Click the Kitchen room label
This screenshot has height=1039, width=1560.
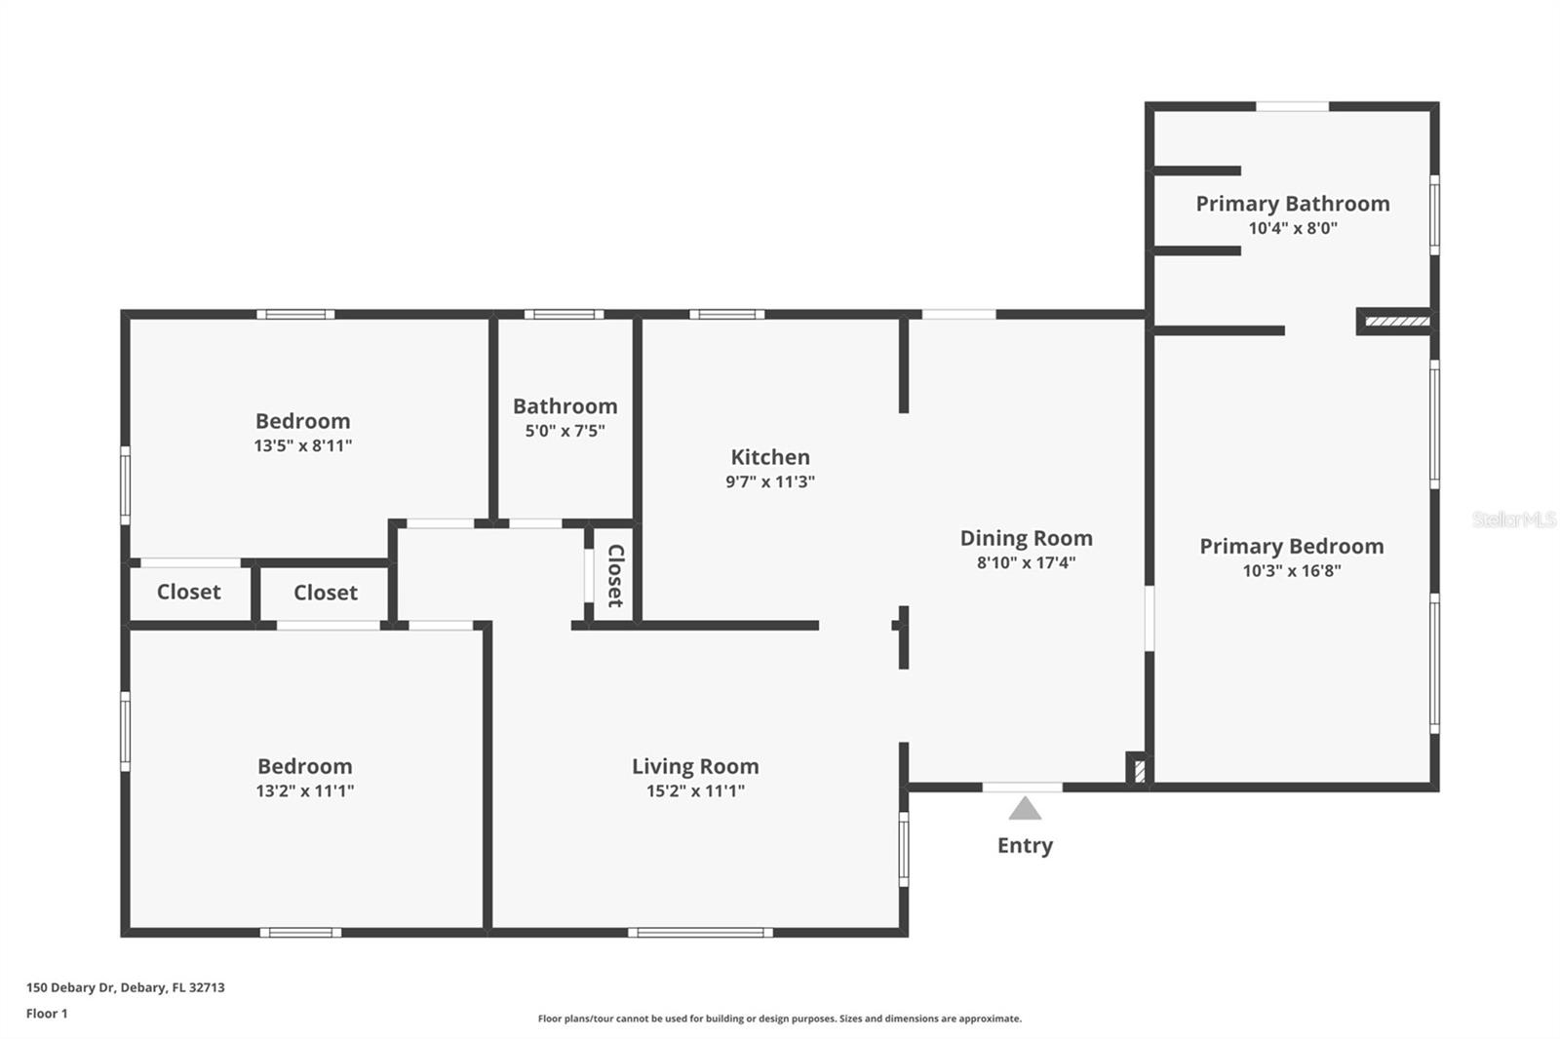coord(770,457)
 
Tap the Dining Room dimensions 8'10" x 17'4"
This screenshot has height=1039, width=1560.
coord(1026,562)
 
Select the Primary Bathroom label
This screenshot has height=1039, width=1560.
coord(1293,204)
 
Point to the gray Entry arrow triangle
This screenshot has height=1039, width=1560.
coord(1024,809)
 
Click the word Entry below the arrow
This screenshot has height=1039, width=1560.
coord(1025,845)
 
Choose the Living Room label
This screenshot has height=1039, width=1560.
coord(695,767)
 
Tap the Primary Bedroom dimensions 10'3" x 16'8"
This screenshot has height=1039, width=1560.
coord(1291,571)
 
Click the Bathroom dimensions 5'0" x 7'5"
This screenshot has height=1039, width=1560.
coord(565,431)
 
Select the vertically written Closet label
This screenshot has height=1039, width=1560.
coord(615,576)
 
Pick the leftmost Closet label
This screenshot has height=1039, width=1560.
coord(188,592)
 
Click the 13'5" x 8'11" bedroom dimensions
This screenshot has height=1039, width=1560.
coord(302,446)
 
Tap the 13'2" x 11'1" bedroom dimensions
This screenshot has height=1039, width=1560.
coord(304,791)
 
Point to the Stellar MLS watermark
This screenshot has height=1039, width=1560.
coord(1513,519)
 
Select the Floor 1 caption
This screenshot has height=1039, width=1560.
coord(47,1014)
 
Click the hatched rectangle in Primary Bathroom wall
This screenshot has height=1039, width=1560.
coord(1396,321)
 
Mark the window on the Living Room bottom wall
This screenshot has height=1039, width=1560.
coord(700,933)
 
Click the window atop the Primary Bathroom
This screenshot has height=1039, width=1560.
coord(1292,106)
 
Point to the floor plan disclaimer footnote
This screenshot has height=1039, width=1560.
coord(779,1019)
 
